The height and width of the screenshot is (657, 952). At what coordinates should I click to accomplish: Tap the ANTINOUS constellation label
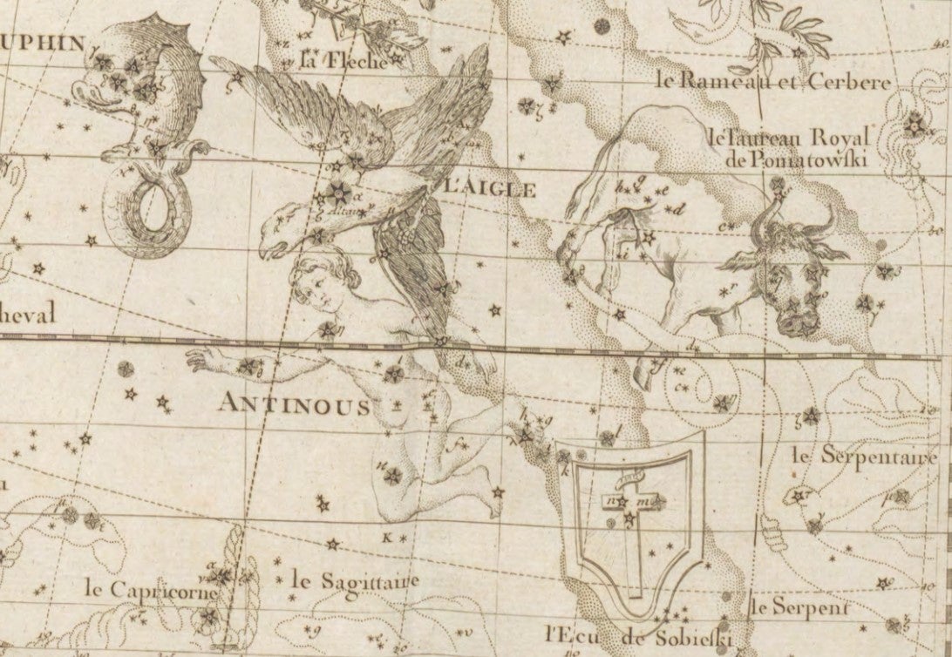[294, 405]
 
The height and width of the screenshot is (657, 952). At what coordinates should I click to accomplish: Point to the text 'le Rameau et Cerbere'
[774, 83]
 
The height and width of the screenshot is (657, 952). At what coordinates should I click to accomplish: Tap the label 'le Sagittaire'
[356, 579]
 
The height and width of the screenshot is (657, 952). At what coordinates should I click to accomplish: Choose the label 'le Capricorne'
[141, 588]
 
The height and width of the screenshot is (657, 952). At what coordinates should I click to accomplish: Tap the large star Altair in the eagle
[338, 193]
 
